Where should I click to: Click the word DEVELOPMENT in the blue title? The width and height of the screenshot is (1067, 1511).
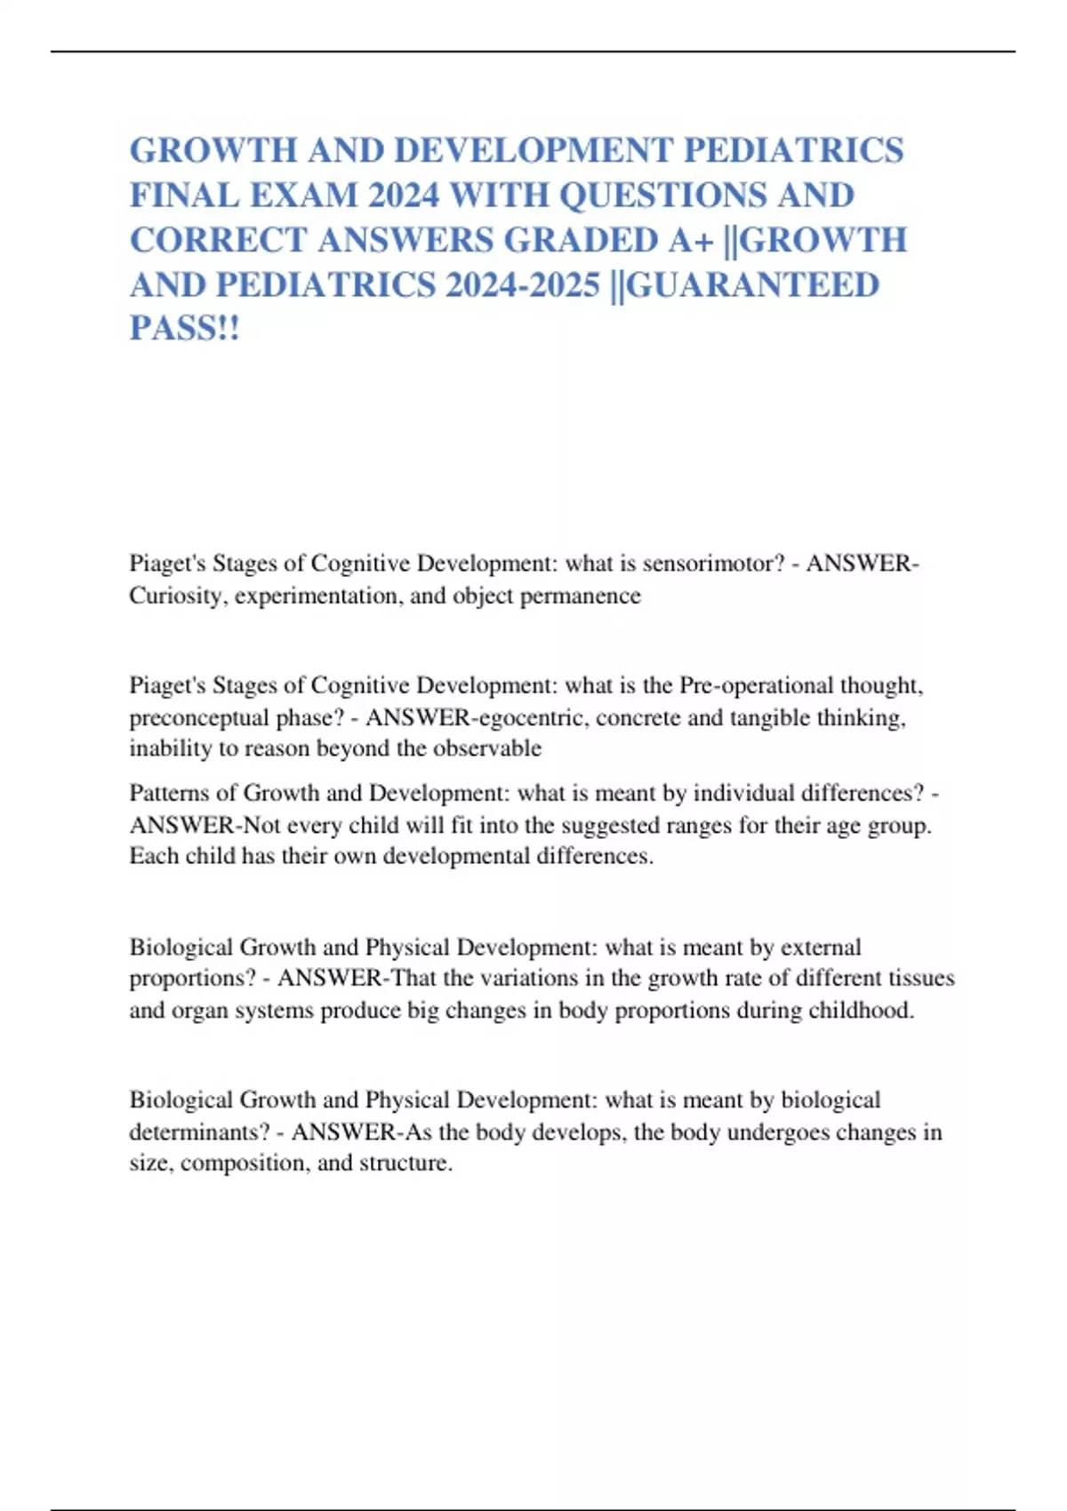click(x=532, y=150)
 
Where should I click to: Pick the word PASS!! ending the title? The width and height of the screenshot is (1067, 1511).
click(x=185, y=330)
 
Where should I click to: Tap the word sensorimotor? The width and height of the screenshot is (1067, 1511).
click(x=706, y=564)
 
